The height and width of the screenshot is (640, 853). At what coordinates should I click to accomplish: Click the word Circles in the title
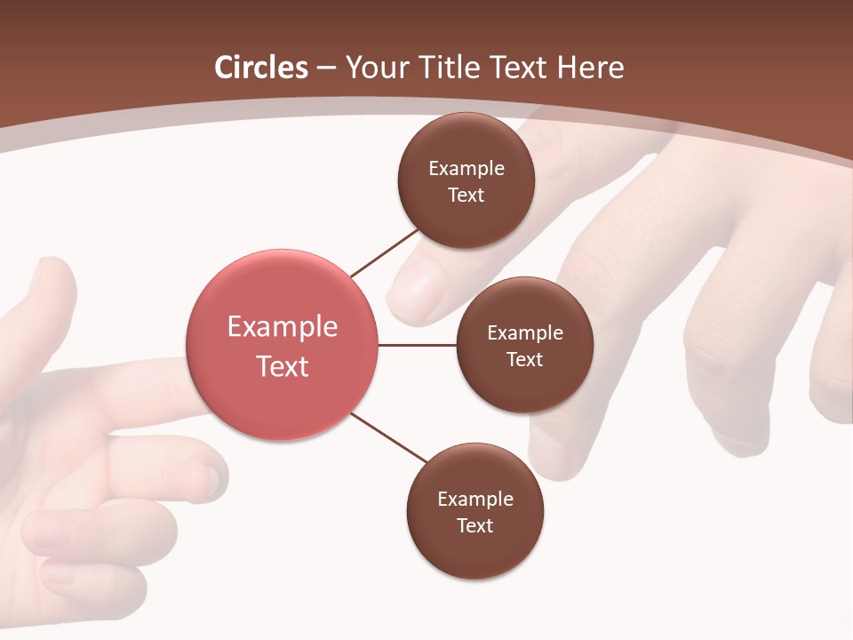coord(261,68)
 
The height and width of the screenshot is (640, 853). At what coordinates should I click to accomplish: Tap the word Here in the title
coord(590,68)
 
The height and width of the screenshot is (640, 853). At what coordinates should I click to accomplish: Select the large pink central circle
coord(283,345)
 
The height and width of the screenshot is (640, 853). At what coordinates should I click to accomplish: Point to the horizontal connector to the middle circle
coord(418,345)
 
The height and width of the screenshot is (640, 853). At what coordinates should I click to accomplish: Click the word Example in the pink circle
coord(283,326)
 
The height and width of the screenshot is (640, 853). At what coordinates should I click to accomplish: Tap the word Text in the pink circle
coord(283,366)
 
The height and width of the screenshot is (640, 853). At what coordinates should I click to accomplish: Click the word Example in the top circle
coord(466,168)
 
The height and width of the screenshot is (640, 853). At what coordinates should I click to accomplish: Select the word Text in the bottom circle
coord(474,525)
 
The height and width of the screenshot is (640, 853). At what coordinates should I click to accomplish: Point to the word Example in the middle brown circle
coord(525,332)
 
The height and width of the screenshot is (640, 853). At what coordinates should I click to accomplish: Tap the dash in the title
coord(326,68)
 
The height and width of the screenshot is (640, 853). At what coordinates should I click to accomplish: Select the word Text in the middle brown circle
coord(524,359)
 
